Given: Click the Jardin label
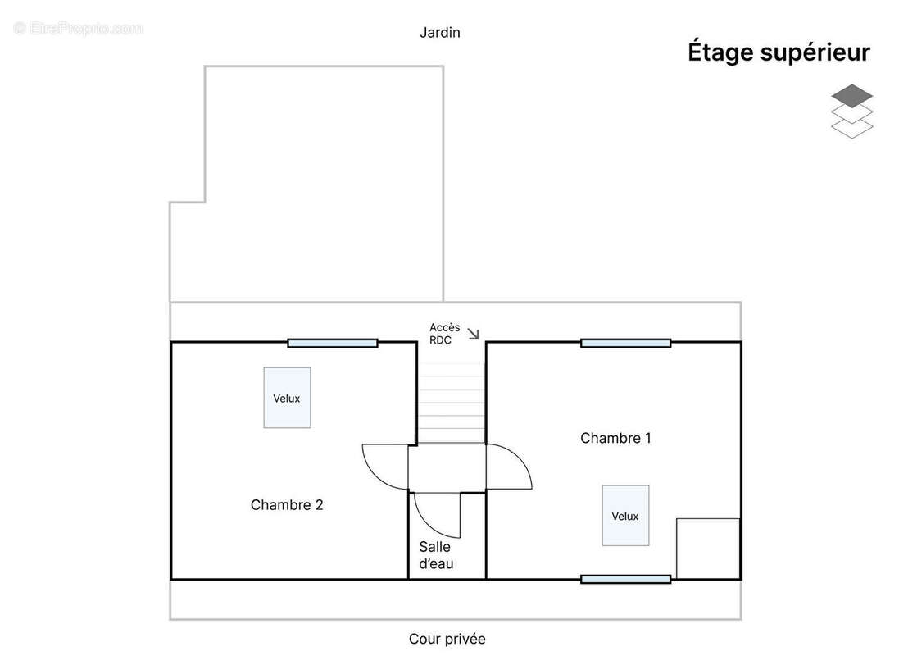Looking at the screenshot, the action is (439, 33).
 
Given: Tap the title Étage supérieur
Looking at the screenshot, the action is (779, 52).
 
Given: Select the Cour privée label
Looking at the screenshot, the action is (447, 639).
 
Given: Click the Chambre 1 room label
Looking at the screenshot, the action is (615, 438).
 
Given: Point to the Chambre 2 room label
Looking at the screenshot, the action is (287, 505).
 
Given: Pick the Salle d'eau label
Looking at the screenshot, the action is (436, 555).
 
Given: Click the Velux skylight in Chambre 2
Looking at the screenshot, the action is (287, 398).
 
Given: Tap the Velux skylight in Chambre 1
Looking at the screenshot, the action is (625, 516).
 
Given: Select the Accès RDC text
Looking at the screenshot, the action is (444, 334).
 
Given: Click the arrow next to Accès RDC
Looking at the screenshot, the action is (473, 334).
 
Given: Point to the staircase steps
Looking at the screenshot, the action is (451, 403).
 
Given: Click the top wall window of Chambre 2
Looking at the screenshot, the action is (333, 343).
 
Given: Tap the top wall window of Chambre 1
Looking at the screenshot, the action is (625, 343).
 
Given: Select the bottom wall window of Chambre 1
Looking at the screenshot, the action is (625, 579).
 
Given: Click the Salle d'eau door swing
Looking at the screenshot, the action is (431, 522).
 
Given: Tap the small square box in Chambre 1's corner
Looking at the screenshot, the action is (708, 549).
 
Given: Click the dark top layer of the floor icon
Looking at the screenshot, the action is (851, 96).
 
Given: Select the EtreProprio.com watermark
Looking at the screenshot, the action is (78, 28).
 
